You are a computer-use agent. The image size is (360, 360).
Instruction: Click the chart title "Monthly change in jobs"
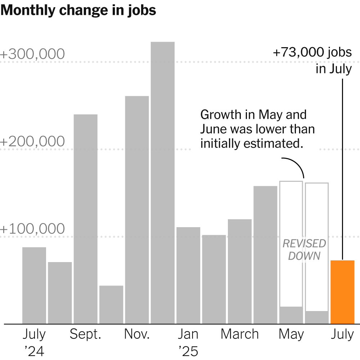[78, 10]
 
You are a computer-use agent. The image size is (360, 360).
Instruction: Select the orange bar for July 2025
[342, 292]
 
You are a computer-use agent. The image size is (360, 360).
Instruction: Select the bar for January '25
[188, 275]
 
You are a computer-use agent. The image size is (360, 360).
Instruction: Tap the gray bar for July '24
[34, 285]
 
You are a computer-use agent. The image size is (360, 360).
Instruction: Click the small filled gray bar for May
[291, 315]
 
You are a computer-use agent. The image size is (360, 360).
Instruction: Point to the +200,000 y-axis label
[32, 142]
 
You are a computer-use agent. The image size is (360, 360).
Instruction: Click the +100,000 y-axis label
[32, 229]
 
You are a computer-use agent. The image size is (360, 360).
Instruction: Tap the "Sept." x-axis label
[85, 334]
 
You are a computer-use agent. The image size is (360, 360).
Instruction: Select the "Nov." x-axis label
[137, 334]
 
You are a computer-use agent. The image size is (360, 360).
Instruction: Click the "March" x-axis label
[239, 334]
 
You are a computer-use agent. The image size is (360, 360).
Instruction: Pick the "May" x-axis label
[291, 334]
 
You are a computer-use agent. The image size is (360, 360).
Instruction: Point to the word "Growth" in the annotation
[220, 115]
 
